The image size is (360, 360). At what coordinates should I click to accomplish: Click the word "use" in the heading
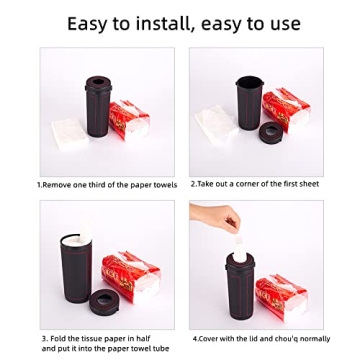[x=281, y=23]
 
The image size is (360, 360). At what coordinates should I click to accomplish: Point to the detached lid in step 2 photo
[x=271, y=132]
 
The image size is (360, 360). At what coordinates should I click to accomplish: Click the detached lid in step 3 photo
[x=104, y=298]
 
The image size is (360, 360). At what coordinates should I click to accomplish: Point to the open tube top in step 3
[x=72, y=241]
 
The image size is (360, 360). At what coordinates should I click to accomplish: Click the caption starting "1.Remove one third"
[x=106, y=185]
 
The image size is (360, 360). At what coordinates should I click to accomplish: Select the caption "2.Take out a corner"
[x=255, y=184]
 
